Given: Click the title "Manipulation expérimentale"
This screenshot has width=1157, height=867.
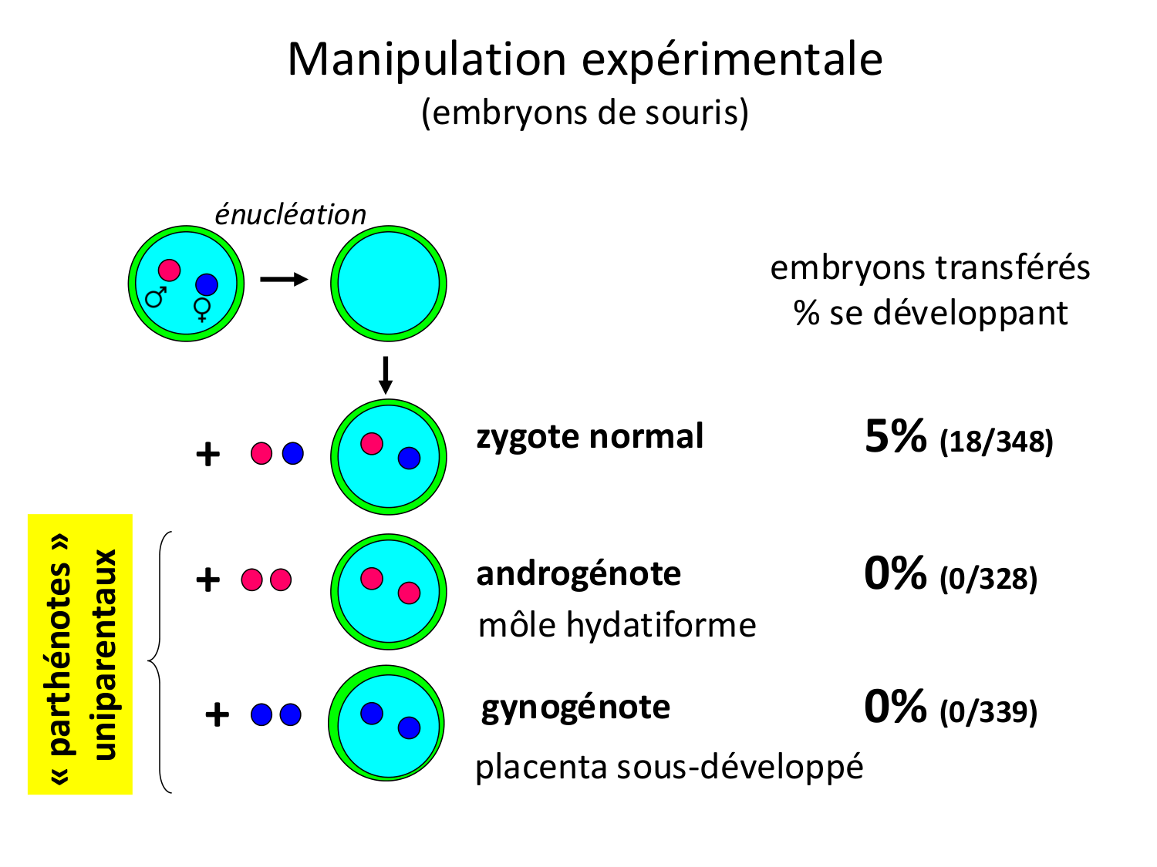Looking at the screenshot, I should [585, 59].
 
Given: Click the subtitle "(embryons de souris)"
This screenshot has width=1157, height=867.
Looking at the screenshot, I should [585, 113].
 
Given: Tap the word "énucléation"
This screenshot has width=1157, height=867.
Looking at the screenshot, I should [290, 215].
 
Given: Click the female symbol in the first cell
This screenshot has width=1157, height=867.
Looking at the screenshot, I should [202, 309].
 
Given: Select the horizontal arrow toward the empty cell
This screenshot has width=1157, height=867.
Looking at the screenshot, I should [284, 279].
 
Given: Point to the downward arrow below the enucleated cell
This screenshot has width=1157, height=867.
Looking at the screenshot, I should [386, 375].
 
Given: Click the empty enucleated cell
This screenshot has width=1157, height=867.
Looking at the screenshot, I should [389, 284].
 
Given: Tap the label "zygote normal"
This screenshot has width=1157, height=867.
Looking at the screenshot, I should [590, 436].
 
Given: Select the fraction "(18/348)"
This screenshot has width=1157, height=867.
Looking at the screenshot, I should [996, 442].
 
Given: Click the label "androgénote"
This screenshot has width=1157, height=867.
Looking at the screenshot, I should [578, 574].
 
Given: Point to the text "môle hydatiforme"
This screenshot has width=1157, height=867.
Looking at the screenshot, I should [617, 625].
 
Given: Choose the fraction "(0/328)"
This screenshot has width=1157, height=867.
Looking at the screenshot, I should [988, 579].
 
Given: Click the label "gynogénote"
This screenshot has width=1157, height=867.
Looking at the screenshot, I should [575, 707].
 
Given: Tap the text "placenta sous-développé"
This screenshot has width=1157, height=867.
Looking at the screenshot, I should [669, 767].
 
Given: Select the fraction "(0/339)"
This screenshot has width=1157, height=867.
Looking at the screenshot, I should [988, 711].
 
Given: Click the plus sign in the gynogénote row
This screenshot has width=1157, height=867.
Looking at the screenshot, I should [217, 715].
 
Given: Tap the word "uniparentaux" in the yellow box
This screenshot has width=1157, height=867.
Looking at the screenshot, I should [105, 654].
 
